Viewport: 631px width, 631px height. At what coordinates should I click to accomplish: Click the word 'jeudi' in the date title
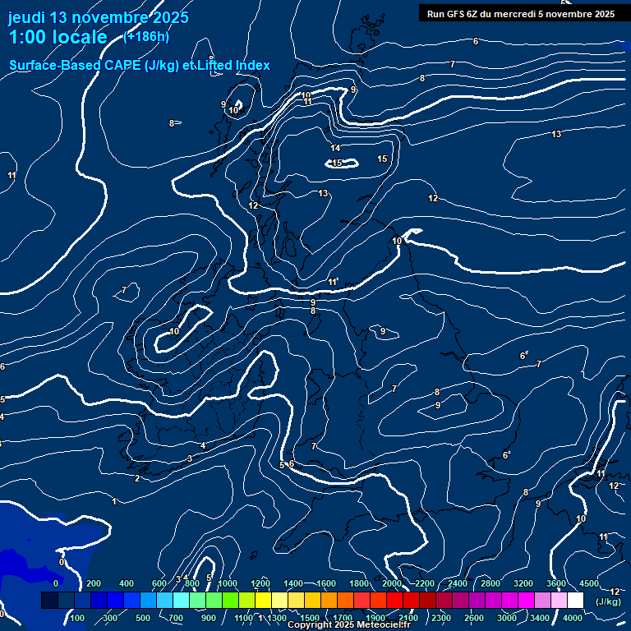pos(27,17)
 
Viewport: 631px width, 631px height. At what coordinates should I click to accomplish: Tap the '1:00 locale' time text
pos(58,38)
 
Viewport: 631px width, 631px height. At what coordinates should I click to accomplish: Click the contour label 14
pos(335,148)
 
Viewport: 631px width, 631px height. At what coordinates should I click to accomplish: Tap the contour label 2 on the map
pos(137,478)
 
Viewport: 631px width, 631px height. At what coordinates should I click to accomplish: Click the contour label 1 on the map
pos(114,501)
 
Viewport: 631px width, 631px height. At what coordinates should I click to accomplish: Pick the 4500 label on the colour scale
pos(588,583)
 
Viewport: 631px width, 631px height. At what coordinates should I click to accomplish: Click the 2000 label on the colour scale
pos(392,583)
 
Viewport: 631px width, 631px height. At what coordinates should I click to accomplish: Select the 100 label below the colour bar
pos(78,617)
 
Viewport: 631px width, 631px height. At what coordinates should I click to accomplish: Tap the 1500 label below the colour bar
pos(310,617)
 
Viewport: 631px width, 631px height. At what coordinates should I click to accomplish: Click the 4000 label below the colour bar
pos(573,617)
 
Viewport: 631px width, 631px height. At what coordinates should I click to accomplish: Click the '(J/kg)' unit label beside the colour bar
pos(608,601)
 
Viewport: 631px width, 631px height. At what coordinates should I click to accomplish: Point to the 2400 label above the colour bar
pos(458,583)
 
